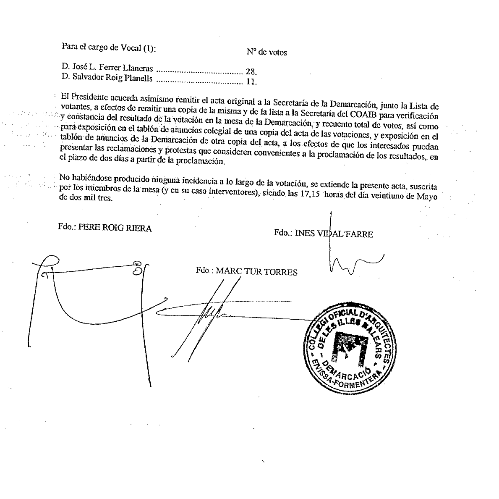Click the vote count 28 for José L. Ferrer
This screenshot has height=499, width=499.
click(x=251, y=71)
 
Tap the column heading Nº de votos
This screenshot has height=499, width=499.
click(x=266, y=53)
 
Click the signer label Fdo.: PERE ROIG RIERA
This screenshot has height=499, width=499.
click(x=105, y=228)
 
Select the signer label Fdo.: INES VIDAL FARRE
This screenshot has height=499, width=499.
click(x=323, y=234)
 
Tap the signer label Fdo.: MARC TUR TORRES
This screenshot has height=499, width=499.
click(x=246, y=271)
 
